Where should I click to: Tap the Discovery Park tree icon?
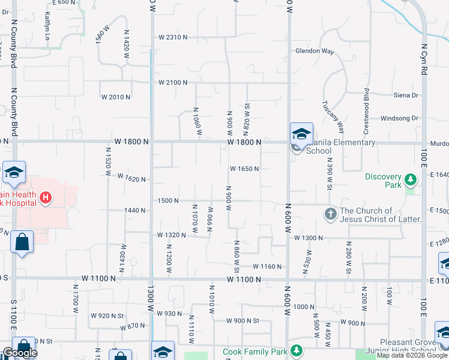click(411, 179)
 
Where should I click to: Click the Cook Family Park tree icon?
click(295, 350)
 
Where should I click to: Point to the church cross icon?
click(330, 213)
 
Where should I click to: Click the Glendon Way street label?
click(314, 51)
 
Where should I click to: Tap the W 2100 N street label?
click(173, 82)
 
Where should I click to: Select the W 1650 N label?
click(244, 169)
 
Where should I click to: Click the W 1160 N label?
click(268, 266)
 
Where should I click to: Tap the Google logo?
click(20, 353)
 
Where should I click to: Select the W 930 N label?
click(169, 313)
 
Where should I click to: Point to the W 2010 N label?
click(116, 97)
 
